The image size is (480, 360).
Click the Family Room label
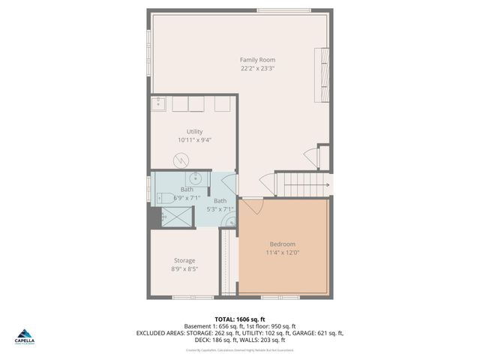click(x=257, y=59)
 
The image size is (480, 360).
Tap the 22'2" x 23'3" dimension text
click(x=257, y=68)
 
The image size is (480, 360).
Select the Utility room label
click(x=194, y=131)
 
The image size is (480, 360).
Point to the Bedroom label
click(x=283, y=244)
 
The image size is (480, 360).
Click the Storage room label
click(x=184, y=260)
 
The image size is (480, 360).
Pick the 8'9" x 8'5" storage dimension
click(x=184, y=268)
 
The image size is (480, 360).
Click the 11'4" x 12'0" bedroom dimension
click(x=283, y=253)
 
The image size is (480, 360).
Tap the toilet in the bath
click(x=160, y=198)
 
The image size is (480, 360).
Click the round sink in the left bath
click(x=193, y=178)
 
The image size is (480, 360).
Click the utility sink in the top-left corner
click(x=159, y=103)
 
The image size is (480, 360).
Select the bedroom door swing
click(x=251, y=207)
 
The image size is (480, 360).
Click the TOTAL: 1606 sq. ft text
click(x=239, y=319)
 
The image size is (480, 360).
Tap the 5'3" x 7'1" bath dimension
click(x=220, y=209)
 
